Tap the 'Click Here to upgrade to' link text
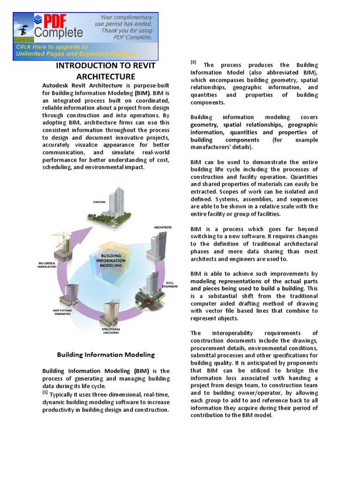click(x=52, y=47)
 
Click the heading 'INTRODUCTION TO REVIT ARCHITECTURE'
click(x=105, y=71)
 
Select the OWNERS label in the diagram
click(x=99, y=202)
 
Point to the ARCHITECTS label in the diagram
click(x=163, y=227)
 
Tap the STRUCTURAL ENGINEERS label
click(x=111, y=331)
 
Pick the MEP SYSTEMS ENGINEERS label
click(x=61, y=312)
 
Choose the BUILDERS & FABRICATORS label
click(x=46, y=265)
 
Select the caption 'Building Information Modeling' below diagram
click(x=105, y=355)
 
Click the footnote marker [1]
click(x=45, y=392)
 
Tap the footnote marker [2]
click(x=193, y=62)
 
